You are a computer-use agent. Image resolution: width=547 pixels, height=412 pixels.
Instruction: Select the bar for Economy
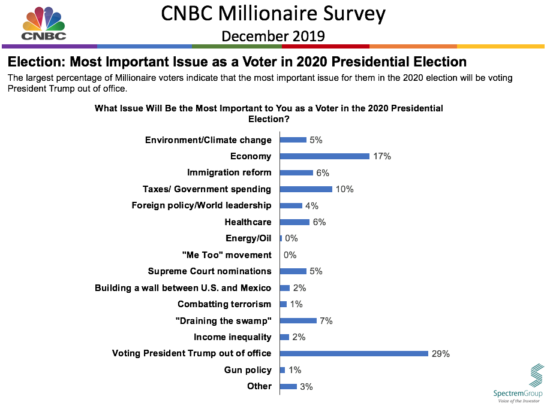click(x=324, y=156)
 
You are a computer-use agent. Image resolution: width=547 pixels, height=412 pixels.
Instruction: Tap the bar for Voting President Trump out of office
click(x=354, y=353)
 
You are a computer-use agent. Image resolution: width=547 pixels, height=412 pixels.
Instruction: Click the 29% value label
click(x=440, y=354)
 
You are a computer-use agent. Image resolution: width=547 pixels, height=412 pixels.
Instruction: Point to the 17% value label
click(x=381, y=156)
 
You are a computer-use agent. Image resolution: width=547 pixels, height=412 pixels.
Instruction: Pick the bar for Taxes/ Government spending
click(x=306, y=189)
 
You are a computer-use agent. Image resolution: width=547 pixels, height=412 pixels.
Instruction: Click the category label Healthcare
click(x=248, y=222)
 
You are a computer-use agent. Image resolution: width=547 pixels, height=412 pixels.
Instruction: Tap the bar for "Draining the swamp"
click(x=298, y=321)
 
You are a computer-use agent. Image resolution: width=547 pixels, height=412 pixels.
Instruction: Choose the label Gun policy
click(x=248, y=370)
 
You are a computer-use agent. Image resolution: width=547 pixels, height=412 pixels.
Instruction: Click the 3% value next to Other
click(x=306, y=387)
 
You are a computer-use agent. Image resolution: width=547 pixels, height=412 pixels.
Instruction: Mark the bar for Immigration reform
click(x=296, y=173)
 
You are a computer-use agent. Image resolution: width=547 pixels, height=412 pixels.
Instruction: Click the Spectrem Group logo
click(x=518, y=383)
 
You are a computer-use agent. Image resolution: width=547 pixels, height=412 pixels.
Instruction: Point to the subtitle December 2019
click(x=273, y=36)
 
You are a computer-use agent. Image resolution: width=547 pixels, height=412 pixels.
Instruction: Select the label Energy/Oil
click(x=248, y=238)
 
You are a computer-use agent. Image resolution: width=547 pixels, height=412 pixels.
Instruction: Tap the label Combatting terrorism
click(x=224, y=304)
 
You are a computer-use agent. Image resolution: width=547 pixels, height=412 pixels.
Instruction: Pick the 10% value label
click(x=344, y=189)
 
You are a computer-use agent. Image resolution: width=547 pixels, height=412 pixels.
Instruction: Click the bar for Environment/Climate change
click(x=293, y=140)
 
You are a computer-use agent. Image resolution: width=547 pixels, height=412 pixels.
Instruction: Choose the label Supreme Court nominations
click(x=209, y=271)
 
